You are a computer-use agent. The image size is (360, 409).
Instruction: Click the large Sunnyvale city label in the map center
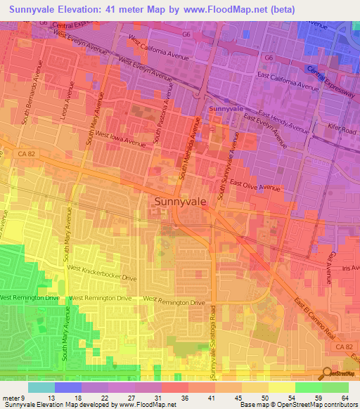click(180, 201)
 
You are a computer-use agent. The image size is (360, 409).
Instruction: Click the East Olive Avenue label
click(258, 188)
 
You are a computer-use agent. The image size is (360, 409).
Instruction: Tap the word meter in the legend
click(12, 398)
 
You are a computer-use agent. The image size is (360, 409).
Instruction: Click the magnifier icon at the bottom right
click(325, 373)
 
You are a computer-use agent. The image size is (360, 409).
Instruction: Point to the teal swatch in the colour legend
click(41, 387)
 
